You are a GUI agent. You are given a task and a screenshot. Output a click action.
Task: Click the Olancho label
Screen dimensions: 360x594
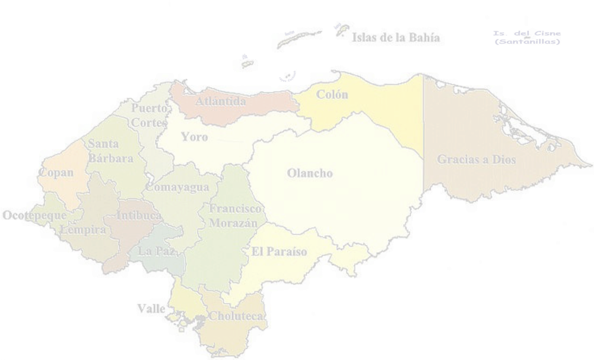pos(309,174)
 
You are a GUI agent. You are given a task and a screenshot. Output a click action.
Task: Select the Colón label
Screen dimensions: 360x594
pos(332,95)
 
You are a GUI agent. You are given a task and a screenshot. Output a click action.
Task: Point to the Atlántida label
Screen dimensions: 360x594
pos(221,101)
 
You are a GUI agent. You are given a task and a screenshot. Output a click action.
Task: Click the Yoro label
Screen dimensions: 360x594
pos(195,137)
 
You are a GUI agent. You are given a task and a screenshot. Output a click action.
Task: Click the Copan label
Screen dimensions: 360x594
pos(56,173)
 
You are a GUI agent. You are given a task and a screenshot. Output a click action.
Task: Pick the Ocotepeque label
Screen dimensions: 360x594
pos(34,215)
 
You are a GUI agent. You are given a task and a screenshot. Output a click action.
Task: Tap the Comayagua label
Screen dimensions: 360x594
pos(177,187)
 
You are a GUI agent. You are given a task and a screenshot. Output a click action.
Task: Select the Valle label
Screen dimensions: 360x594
pos(151,308)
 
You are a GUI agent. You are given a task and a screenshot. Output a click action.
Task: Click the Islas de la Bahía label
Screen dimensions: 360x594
pos(396,39)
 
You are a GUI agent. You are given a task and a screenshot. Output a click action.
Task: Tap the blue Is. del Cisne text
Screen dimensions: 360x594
pos(526,37)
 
